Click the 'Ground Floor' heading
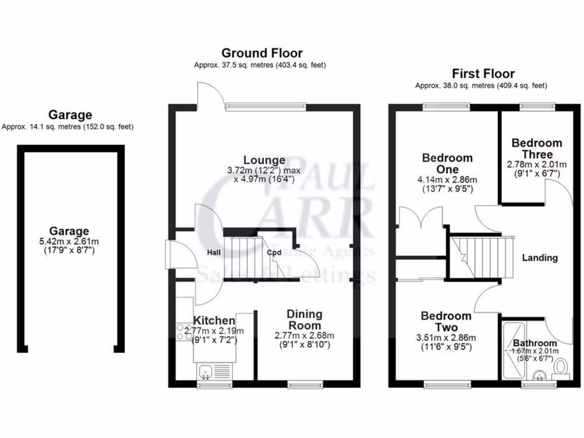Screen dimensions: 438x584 tap(262, 54)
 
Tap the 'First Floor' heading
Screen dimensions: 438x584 tap(483, 74)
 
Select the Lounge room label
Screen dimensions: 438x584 tap(264, 160)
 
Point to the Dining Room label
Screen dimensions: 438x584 tap(304, 319)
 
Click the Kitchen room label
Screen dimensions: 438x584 tap(214, 321)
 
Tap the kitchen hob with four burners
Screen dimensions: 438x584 tap(184, 332)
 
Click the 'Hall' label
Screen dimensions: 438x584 tap(214, 252)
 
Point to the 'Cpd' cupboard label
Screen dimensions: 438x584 tap(274, 252)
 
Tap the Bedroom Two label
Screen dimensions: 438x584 tap(446, 322)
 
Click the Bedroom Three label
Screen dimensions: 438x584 tap(536, 148)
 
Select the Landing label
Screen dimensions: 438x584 tap(540, 258)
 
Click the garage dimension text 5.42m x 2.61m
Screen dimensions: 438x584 tap(68, 241)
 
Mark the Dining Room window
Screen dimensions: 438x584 tap(303, 384)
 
